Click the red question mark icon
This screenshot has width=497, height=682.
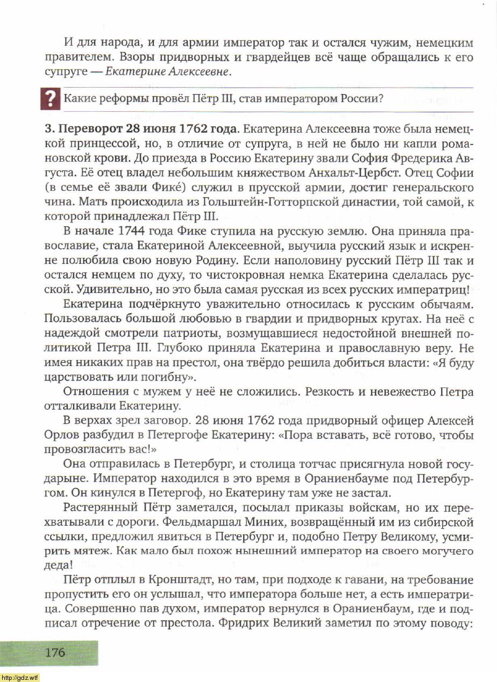(x=50, y=99)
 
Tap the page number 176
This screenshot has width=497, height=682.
(x=55, y=652)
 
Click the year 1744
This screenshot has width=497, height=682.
(x=134, y=232)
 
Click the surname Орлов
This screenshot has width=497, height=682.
(x=77, y=434)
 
